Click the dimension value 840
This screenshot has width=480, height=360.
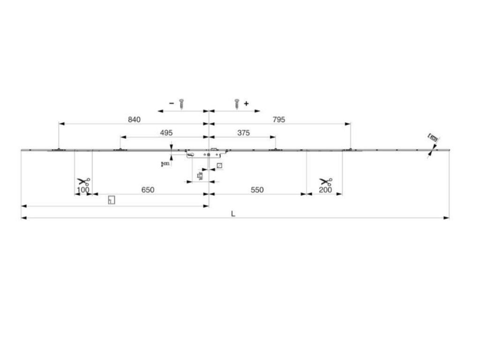134,120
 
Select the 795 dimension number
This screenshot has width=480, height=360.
278,120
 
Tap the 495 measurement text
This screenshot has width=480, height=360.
166,133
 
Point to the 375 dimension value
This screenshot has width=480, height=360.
243,133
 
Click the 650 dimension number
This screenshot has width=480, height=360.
148,190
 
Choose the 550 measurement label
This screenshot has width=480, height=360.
257,190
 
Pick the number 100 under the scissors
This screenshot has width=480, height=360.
83,190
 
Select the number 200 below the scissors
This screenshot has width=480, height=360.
325,190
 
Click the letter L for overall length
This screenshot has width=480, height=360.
233,214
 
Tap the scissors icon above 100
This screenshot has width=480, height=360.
83,182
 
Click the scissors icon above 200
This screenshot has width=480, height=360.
325,182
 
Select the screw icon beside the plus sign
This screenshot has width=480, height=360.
237,104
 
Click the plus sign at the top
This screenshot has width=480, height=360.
246,103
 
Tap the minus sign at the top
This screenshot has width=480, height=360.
172,103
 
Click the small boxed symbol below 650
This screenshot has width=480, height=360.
111,200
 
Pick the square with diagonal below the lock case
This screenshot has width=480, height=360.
219,165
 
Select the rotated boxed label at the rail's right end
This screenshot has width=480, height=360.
434,138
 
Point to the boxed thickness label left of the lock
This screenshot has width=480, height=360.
165,164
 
